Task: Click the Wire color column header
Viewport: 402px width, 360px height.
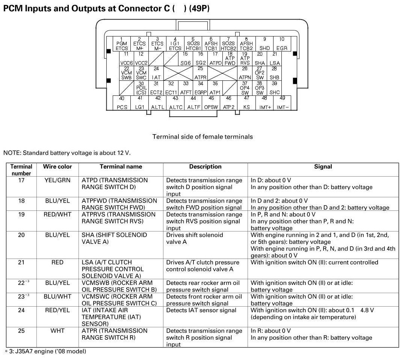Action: (x=57, y=166)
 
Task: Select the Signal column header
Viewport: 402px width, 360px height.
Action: (x=323, y=166)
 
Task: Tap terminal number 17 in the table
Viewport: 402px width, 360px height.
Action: (x=21, y=180)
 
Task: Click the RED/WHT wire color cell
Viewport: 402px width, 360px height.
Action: (x=57, y=214)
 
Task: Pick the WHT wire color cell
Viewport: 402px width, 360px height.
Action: (x=57, y=331)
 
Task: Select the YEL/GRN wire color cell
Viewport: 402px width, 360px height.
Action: (x=57, y=180)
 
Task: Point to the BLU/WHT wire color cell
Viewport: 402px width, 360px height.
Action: (x=57, y=296)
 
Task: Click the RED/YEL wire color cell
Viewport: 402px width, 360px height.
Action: (x=57, y=310)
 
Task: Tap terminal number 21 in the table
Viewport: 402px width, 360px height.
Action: (x=21, y=262)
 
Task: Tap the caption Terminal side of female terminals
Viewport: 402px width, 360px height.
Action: (x=203, y=137)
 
